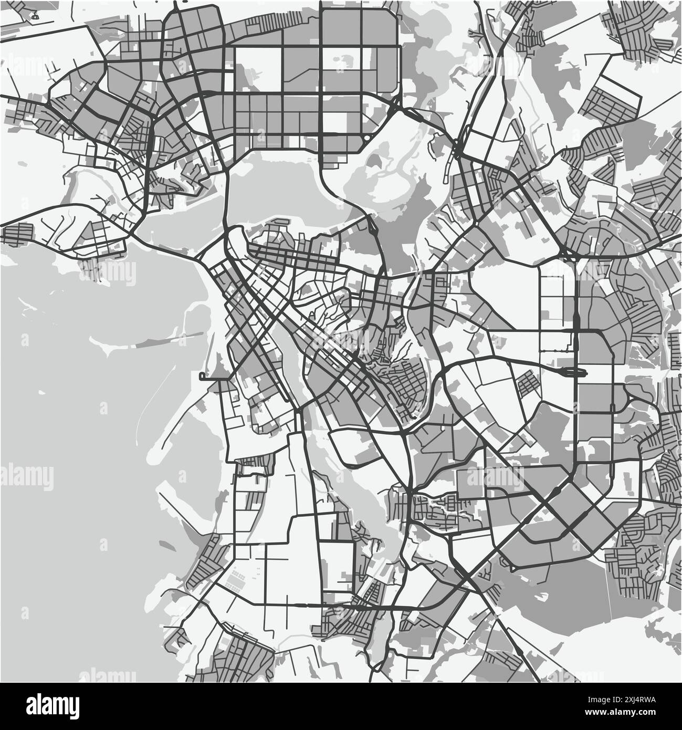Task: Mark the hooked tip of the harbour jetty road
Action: (202, 376)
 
